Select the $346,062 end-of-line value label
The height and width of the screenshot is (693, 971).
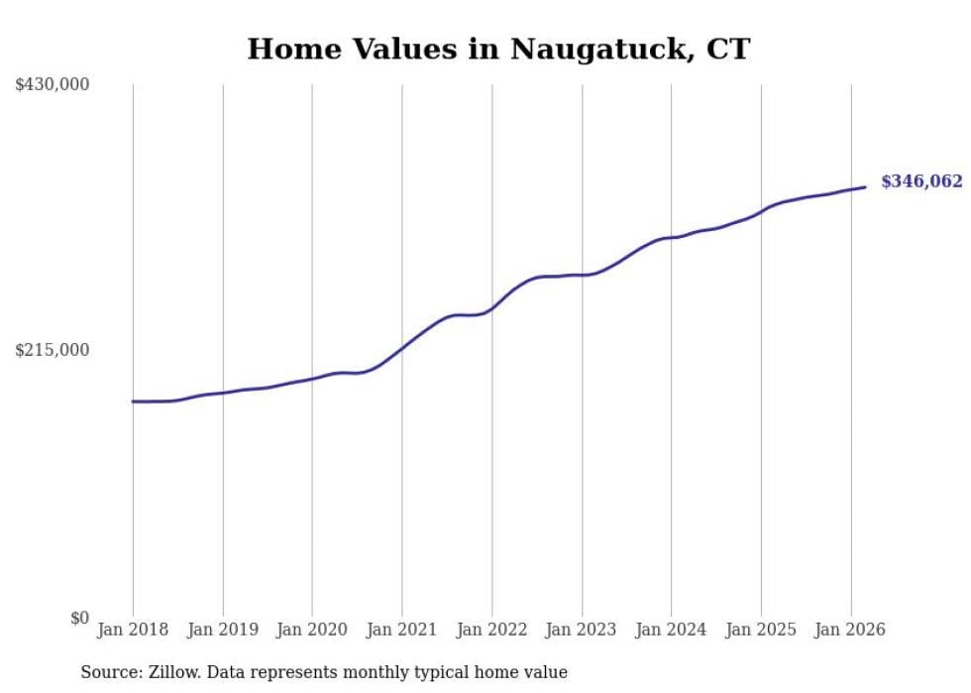click(921, 181)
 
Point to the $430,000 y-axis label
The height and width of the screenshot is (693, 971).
click(53, 85)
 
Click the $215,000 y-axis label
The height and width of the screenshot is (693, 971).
click(53, 350)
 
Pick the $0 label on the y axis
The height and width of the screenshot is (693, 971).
click(79, 618)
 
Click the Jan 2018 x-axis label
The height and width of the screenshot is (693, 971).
click(133, 630)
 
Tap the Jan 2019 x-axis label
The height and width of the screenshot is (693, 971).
click(223, 630)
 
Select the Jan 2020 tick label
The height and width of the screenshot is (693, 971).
click(312, 630)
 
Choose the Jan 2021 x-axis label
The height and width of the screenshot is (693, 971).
click(402, 630)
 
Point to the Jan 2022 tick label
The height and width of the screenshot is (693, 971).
click(491, 630)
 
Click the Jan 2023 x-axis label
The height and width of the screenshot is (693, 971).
click(582, 630)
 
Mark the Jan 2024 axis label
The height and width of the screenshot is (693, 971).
click(671, 630)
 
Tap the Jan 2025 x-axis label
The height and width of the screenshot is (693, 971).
click(761, 630)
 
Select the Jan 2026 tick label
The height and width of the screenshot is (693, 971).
click(850, 630)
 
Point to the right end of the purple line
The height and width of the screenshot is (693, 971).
click(865, 186)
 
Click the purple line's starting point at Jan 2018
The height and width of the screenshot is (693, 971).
click(133, 402)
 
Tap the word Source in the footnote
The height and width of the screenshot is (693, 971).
click(110, 673)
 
